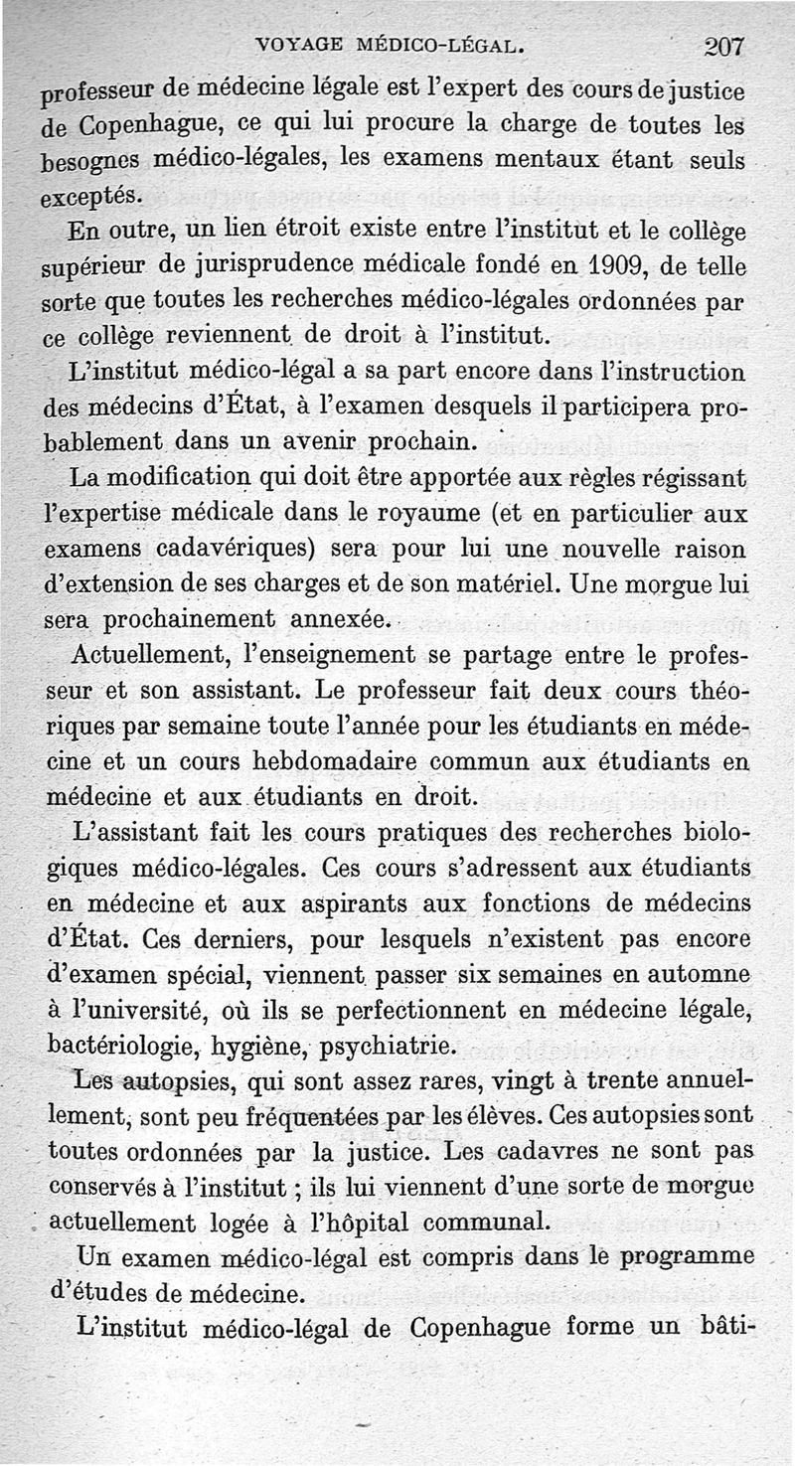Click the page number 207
[x=723, y=46]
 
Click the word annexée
[x=340, y=619]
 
